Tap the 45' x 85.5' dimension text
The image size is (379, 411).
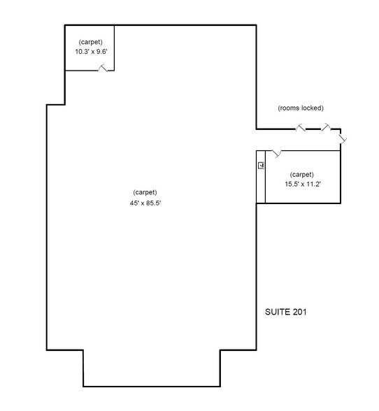[x=145, y=203]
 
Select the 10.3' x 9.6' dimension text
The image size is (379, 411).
[x=90, y=51]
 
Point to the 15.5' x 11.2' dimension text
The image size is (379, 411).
[x=303, y=185]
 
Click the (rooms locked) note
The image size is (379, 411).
[x=301, y=108]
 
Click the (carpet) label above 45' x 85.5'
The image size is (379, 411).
[x=145, y=192]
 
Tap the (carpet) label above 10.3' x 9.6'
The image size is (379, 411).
[x=90, y=41]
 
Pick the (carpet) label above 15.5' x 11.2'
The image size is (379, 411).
[x=302, y=174]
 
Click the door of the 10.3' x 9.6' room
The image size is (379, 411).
[x=103, y=68]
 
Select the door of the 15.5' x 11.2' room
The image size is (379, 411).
[x=277, y=152]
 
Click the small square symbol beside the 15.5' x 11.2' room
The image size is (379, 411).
[x=261, y=166]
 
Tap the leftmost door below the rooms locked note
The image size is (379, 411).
[x=301, y=128]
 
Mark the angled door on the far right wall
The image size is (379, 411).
[x=343, y=140]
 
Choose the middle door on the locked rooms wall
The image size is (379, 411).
[x=327, y=128]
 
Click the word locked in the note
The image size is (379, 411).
[x=312, y=108]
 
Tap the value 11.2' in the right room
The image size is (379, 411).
[x=313, y=185]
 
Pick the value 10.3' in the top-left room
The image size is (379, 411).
[x=81, y=51]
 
